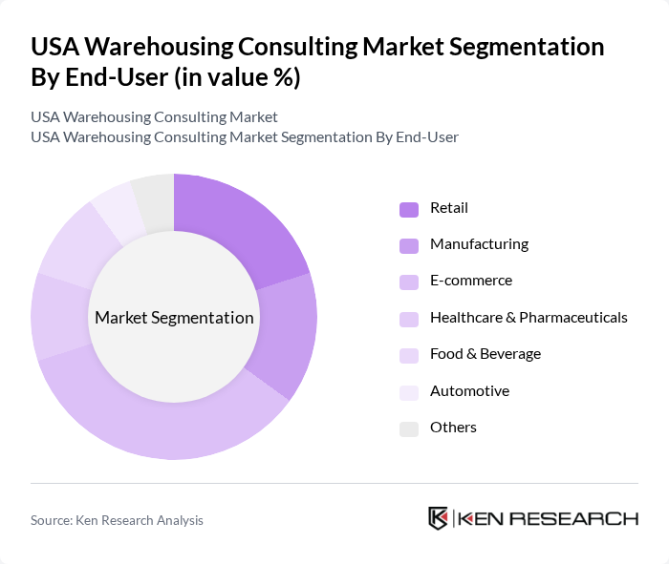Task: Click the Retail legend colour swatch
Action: click(409, 209)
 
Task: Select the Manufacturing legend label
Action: click(479, 244)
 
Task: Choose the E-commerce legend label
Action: click(471, 281)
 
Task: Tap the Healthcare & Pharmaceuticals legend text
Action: click(529, 317)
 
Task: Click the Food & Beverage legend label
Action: click(486, 354)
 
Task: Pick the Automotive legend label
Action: click(469, 391)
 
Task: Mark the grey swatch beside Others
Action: click(409, 428)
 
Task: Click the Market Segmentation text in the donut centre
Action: click(174, 318)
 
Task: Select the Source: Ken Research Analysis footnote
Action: click(117, 520)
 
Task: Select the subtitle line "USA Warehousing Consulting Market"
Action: click(154, 117)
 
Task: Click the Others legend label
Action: click(453, 428)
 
